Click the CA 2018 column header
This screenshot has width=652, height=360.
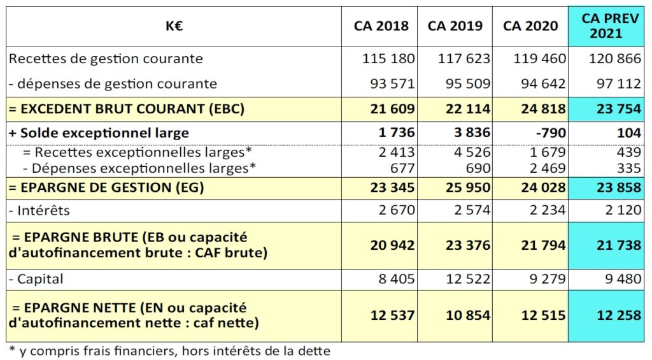tap(381, 25)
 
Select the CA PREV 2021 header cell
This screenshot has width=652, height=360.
tap(606, 25)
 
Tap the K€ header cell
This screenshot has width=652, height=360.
tap(174, 25)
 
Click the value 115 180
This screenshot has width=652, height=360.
tap(388, 59)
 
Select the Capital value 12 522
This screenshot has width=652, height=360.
tap(468, 279)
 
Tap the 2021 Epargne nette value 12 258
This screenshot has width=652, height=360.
tap(619, 315)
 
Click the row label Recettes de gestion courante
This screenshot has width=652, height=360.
tap(106, 59)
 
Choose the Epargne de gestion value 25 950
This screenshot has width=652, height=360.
tap(468, 188)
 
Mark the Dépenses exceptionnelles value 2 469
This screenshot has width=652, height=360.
tap(547, 168)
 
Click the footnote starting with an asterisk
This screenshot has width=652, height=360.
tap(169, 351)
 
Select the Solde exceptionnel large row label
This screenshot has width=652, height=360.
tap(99, 133)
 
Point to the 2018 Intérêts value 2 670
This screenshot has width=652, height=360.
tap(397, 210)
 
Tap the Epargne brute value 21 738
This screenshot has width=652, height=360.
tap(619, 245)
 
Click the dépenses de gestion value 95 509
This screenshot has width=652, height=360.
tap(468, 83)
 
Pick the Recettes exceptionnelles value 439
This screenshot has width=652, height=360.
tap(628, 152)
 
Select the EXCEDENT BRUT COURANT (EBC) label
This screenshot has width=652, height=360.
tap(127, 109)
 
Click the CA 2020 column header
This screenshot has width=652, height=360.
tap(530, 25)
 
